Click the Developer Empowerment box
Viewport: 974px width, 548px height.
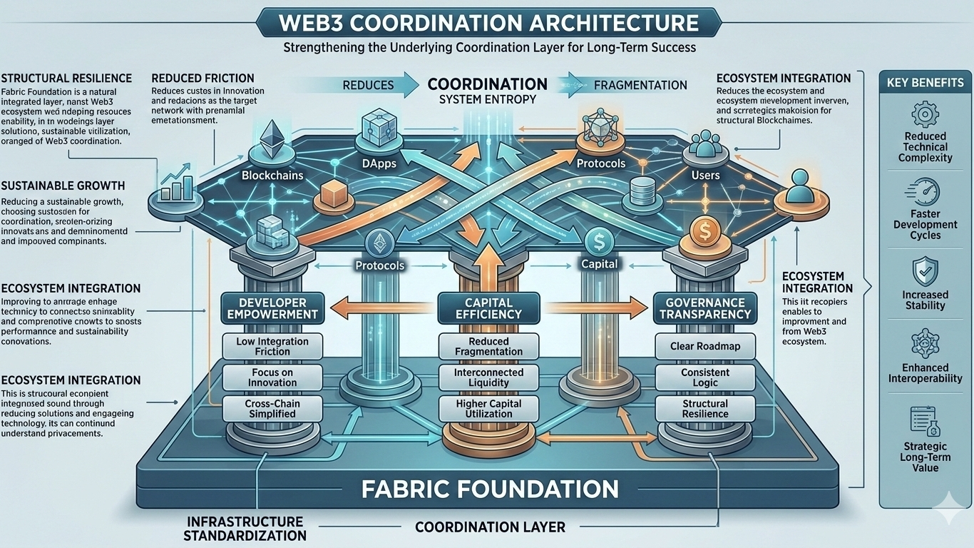point(272,308)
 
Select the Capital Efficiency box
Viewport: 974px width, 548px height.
point(488,308)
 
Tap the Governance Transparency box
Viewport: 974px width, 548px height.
point(704,308)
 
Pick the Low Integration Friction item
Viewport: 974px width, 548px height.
point(272,346)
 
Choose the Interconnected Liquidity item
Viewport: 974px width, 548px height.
point(488,377)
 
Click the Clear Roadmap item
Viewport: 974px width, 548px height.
point(704,346)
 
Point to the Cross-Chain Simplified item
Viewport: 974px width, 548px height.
point(272,409)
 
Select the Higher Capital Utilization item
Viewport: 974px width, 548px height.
point(488,409)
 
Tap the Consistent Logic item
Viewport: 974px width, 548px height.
point(704,377)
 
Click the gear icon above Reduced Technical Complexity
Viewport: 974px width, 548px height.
point(926,114)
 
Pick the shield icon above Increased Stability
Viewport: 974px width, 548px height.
point(926,272)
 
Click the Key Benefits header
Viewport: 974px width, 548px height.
point(925,82)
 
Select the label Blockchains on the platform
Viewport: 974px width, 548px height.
point(272,176)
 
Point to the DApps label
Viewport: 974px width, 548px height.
point(379,163)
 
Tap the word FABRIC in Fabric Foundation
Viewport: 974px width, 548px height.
point(412,489)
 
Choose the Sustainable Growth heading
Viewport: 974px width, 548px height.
point(63,186)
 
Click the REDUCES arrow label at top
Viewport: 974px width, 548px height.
point(368,85)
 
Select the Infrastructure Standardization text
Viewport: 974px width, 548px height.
point(245,528)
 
